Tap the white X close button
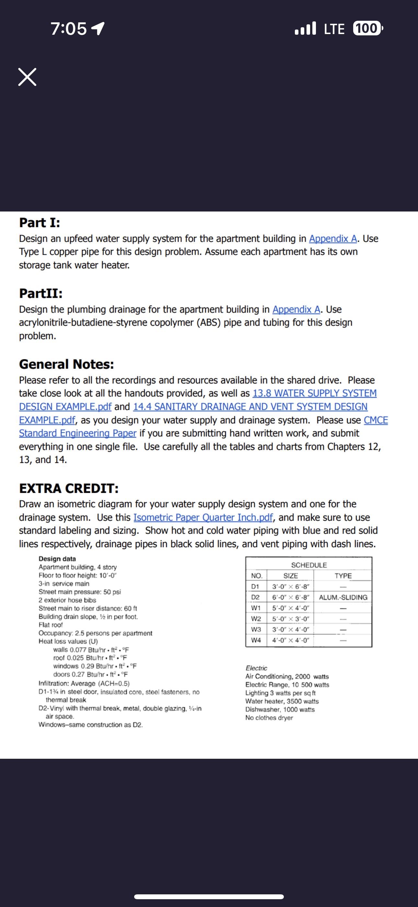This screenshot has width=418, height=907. pyautogui.click(x=27, y=77)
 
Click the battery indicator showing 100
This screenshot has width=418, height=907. pyautogui.click(x=367, y=28)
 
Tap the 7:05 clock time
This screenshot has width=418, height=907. pyautogui.click(x=69, y=29)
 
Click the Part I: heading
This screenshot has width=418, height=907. pyautogui.click(x=40, y=223)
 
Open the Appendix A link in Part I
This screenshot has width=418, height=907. pyautogui.click(x=333, y=239)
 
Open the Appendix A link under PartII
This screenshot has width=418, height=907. pyautogui.click(x=296, y=309)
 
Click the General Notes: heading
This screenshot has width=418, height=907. pyautogui.click(x=66, y=364)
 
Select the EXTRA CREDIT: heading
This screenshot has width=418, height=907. pyautogui.click(x=69, y=488)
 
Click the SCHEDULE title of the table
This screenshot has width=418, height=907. pyautogui.click(x=308, y=565)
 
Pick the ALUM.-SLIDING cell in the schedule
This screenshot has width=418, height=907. pyautogui.click(x=343, y=597)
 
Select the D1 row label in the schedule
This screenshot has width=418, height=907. pyautogui.click(x=255, y=587)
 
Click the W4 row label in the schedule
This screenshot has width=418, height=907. pyautogui.click(x=256, y=640)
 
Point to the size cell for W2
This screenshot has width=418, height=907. pyautogui.click(x=290, y=619)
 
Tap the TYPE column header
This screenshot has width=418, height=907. pyautogui.click(x=343, y=576)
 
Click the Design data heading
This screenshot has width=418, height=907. pyautogui.click(x=57, y=559)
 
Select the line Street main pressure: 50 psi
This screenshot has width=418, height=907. pyautogui.click(x=79, y=592)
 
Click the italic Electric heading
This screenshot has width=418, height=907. pyautogui.click(x=256, y=668)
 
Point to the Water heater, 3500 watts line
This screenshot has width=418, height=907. pyautogui.click(x=282, y=701)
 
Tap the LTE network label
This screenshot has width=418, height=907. pyautogui.click(x=334, y=29)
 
